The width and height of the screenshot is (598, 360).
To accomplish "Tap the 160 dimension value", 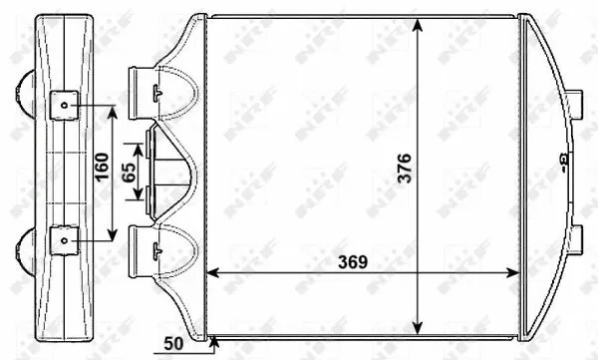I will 101,172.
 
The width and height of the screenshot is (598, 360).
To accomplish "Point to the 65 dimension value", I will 130,171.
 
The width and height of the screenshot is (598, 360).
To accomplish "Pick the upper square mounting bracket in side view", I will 63,102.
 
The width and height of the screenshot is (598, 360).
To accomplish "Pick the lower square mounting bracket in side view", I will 63,239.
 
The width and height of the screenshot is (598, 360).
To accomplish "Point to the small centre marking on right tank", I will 560,158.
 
